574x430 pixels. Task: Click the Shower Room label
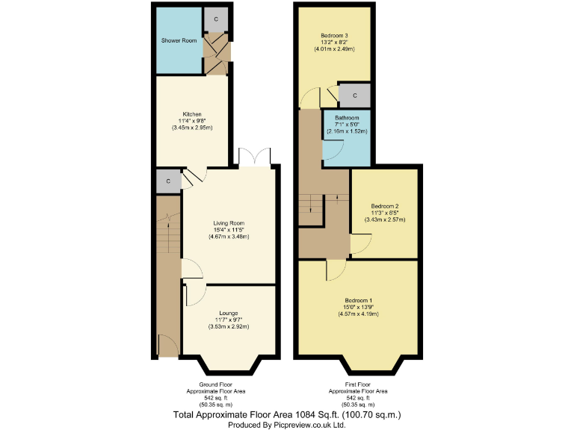click(179, 40)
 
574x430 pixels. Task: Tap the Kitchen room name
click(191, 114)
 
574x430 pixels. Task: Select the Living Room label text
click(229, 223)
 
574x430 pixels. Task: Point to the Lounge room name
click(229, 313)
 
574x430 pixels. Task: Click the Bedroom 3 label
click(334, 36)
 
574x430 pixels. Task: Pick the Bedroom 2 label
click(385, 206)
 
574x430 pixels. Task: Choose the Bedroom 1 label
click(358, 300)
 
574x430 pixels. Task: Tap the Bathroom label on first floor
click(347, 118)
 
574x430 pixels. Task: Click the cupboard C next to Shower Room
click(216, 19)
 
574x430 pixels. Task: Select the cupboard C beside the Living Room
click(168, 181)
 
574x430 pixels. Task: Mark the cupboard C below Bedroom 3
click(354, 96)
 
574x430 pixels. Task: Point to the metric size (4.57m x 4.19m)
click(358, 314)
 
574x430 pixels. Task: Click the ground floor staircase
click(169, 246)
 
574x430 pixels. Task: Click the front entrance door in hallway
click(169, 345)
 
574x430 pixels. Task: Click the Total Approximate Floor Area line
click(287, 414)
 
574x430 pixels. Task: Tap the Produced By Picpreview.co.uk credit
click(287, 423)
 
